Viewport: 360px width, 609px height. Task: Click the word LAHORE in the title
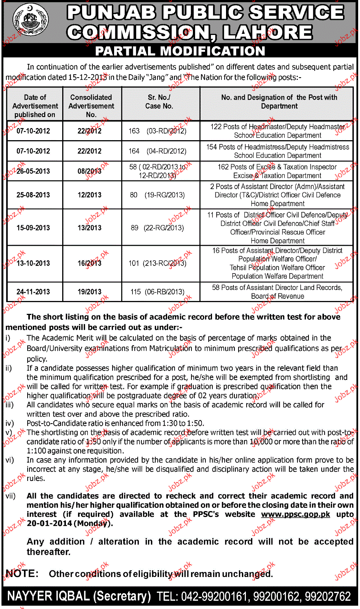268,32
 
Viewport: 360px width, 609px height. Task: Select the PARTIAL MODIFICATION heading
180,51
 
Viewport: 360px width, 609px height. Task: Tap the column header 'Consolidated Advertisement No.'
91,106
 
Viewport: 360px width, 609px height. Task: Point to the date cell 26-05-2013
33,171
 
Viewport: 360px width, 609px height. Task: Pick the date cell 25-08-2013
33,195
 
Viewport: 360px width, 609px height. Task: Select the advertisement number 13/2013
89,228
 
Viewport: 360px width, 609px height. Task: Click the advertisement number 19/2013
89,292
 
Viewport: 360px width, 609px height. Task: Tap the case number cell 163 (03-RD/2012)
158,131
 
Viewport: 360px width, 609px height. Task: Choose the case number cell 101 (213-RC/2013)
158,263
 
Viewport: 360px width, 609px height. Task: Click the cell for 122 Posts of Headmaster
278,131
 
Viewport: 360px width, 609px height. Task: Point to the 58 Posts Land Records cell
277,292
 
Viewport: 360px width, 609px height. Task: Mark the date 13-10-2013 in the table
33,263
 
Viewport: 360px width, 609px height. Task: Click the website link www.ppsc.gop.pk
296,514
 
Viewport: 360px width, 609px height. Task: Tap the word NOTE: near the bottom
22,574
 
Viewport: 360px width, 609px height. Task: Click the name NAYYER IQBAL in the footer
48,596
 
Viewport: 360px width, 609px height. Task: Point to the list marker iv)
10,423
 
